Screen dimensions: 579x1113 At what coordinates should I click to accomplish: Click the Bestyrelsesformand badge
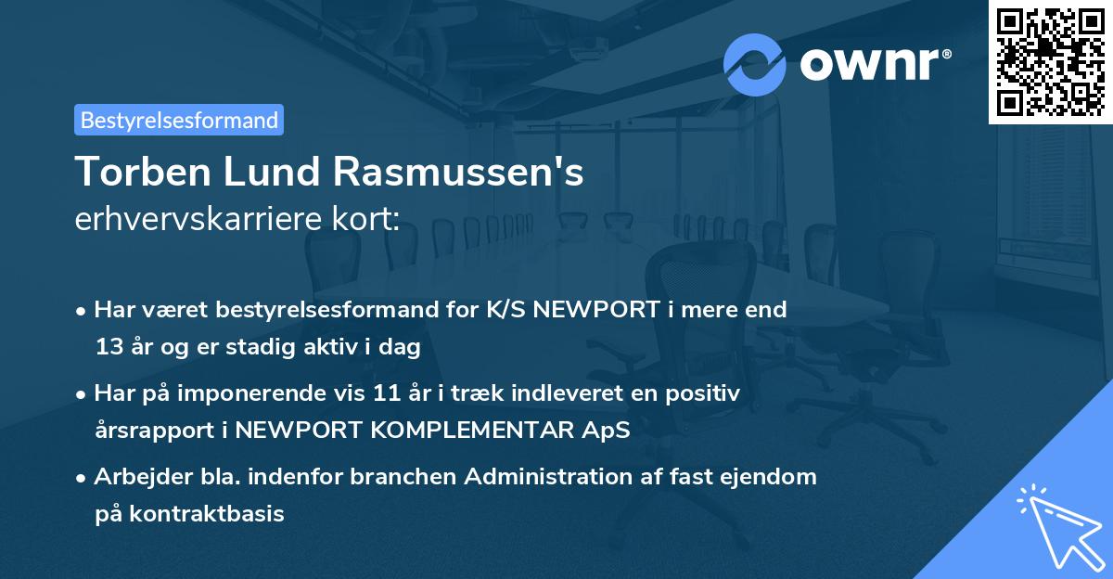click(179, 120)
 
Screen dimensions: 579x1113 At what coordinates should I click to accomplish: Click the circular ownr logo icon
click(755, 64)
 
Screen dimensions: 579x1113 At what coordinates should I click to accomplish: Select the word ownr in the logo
click(875, 65)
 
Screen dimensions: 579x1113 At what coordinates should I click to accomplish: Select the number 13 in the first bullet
click(108, 348)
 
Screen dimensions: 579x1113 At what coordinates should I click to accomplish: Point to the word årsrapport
click(151, 431)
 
